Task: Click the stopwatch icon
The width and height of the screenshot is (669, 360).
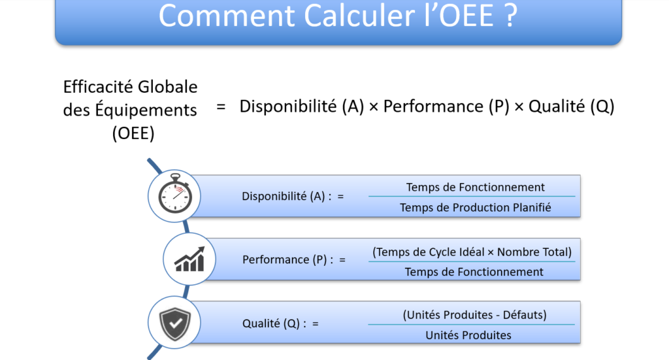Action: pyautogui.click(x=174, y=193)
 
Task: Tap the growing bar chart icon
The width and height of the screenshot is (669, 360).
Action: pyautogui.click(x=189, y=259)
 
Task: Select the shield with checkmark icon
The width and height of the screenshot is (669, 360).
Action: pyautogui.click(x=174, y=324)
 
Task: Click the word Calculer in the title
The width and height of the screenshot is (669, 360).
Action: pyautogui.click(x=363, y=16)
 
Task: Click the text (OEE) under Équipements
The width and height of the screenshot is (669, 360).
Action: pyautogui.click(x=133, y=133)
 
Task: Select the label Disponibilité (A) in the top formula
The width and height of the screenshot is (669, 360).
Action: pyautogui.click(x=302, y=106)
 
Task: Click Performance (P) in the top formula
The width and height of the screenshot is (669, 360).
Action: pyautogui.click(x=446, y=106)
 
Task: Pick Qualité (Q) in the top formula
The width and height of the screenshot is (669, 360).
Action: pyautogui.click(x=571, y=106)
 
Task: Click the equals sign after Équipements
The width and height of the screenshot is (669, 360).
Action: pyautogui.click(x=221, y=106)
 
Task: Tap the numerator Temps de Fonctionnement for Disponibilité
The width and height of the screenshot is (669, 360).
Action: pyautogui.click(x=476, y=188)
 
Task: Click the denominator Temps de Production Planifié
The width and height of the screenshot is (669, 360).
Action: pyautogui.click(x=476, y=208)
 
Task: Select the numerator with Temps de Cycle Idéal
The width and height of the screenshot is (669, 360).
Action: pyautogui.click(x=472, y=252)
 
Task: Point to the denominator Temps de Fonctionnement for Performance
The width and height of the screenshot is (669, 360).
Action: pyautogui.click(x=474, y=272)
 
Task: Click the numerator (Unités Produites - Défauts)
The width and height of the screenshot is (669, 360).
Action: pyautogui.click(x=474, y=315)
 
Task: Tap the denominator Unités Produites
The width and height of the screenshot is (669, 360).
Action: pyautogui.click(x=468, y=335)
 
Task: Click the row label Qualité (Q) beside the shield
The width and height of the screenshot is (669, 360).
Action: pyautogui.click(x=274, y=324)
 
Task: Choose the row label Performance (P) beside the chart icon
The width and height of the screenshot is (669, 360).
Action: pyautogui.click(x=288, y=260)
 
